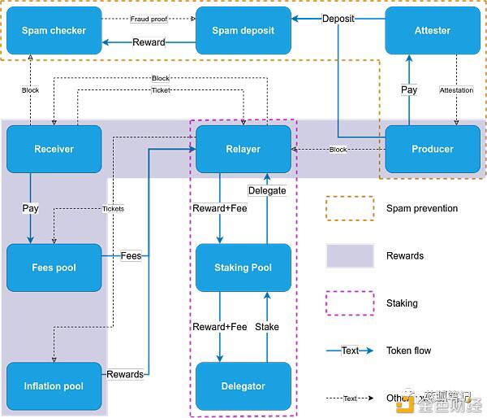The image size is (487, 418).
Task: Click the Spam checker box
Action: pos(54,30)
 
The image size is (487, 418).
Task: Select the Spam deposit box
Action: pos(243,30)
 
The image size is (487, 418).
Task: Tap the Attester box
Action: pos(432,30)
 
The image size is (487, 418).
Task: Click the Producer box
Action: pos(432,149)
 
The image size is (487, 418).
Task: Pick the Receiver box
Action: pos(54,149)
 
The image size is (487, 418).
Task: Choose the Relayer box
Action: pos(243,149)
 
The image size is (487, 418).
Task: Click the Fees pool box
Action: pos(54,268)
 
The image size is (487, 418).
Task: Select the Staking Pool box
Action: pos(243,268)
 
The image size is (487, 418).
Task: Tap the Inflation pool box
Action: pos(54,386)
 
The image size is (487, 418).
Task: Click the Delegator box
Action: pos(243,386)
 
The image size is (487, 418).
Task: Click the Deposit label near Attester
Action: pos(338,18)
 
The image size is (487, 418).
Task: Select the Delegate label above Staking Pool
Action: pos(267,190)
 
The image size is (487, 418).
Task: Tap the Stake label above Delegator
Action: pos(267,327)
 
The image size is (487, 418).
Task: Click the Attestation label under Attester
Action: pos(456,90)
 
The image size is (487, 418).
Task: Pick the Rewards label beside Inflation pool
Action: pos(125,375)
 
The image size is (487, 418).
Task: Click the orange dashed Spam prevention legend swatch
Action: pos(350,208)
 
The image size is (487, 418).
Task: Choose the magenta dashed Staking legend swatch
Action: pos(350,303)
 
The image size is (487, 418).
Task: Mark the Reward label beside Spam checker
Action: pos(149,42)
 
